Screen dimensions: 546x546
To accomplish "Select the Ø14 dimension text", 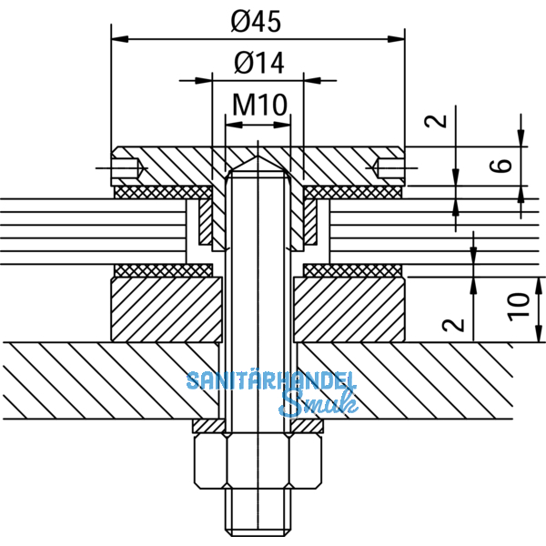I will [x=258, y=63].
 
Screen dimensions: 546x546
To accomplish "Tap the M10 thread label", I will [x=259, y=105].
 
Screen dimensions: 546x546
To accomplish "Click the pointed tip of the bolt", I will [x=258, y=157].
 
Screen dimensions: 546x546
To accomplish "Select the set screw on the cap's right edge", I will [x=390, y=167].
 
